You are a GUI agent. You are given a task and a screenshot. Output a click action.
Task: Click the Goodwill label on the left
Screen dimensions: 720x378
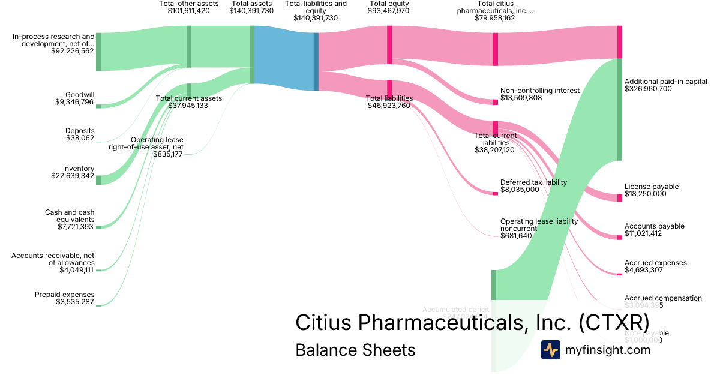tap(80, 95)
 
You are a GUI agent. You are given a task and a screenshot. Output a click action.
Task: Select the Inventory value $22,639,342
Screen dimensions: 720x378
tap(73, 176)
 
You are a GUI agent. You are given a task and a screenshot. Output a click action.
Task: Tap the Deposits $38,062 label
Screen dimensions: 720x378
tap(80, 134)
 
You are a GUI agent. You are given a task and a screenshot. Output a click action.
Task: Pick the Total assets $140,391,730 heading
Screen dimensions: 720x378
tap(251, 7)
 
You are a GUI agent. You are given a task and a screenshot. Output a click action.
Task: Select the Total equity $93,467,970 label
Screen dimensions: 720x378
tap(389, 7)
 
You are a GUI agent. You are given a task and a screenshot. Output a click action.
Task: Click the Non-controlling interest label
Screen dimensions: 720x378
tap(539, 91)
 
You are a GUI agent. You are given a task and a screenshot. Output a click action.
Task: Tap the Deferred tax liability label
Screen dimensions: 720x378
tap(533, 182)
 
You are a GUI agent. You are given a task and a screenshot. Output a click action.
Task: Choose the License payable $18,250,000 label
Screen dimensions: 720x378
tap(651, 190)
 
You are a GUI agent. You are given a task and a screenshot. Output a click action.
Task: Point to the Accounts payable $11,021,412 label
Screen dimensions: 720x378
tap(654, 230)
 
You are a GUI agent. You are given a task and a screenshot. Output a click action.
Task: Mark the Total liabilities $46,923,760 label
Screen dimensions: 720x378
tap(389, 102)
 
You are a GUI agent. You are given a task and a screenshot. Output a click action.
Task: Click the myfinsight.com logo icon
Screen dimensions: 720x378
tap(550, 350)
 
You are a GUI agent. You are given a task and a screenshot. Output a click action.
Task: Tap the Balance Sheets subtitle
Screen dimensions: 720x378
tap(355, 350)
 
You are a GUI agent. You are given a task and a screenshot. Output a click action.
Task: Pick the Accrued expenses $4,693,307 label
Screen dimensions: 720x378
tap(655, 266)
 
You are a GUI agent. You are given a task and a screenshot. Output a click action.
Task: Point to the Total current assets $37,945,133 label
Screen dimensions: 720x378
tap(189, 102)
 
